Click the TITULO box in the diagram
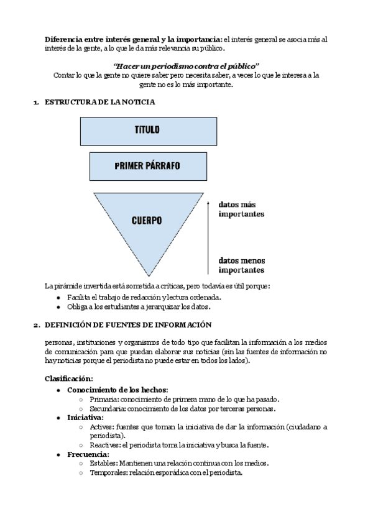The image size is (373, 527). [x=147, y=130]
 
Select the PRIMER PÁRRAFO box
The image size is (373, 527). [x=147, y=166]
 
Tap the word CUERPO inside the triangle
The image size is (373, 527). [x=147, y=221]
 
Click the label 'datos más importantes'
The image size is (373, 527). [x=241, y=209]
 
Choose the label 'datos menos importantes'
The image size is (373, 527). [x=241, y=265]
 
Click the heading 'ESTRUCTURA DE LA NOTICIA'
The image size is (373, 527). [x=99, y=101]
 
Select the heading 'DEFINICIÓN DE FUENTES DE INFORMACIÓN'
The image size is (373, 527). [x=128, y=325]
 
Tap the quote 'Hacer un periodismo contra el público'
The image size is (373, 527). [x=186, y=66]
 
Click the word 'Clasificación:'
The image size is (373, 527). [x=69, y=378]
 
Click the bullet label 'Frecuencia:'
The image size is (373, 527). [x=88, y=454]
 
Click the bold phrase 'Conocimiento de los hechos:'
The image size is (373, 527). [x=117, y=390]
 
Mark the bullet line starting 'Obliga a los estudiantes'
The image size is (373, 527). [x=139, y=306]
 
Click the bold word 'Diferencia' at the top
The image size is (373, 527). [x=65, y=39]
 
